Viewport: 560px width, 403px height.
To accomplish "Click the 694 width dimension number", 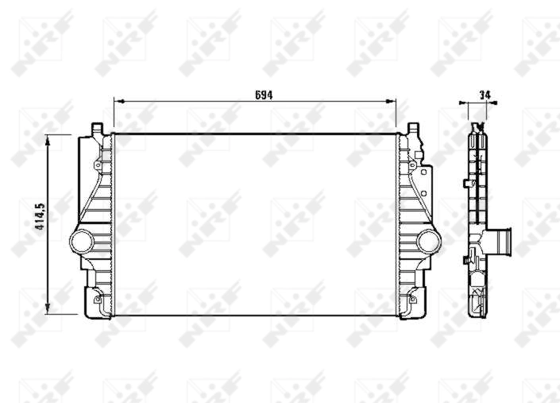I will pos(264,95).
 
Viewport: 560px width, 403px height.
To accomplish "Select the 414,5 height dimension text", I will pos(38,215).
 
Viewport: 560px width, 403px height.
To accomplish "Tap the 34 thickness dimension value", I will pos(485,95).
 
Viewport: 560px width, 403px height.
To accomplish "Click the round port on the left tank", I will pos(81,240).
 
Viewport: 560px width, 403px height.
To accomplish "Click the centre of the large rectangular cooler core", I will pos(255,224).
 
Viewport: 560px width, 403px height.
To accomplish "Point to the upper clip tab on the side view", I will pos(465,184).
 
